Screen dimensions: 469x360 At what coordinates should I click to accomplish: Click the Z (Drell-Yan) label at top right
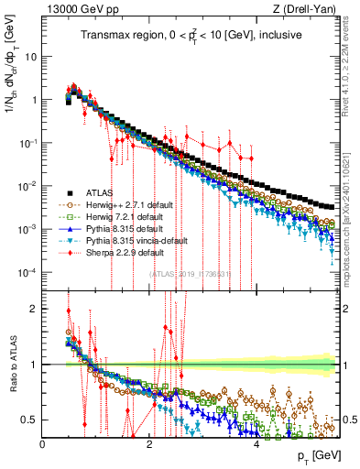click(x=312, y=9)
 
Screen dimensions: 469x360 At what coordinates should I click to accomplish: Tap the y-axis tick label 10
click(x=31, y=57)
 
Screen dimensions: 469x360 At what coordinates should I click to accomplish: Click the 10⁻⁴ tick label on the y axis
click(x=27, y=272)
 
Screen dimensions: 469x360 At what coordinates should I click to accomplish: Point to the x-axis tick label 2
click(x=150, y=444)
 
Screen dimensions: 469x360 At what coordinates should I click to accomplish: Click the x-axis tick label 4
click(x=257, y=444)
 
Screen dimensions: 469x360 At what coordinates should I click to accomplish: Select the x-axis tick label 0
click(x=43, y=444)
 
